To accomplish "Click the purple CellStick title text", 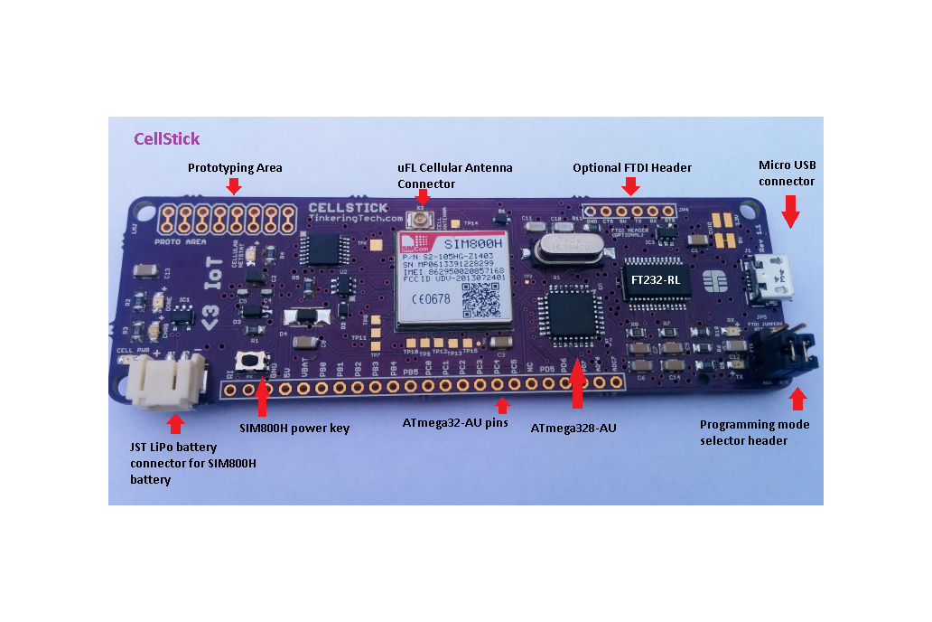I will point(166,139).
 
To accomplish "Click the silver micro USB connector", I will point(775,277).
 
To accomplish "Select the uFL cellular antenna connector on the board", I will point(420,218).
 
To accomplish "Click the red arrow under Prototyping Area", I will point(234,185).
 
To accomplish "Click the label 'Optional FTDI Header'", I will point(632,167).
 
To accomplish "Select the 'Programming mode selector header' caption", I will point(755,432).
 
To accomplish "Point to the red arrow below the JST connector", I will point(176,423).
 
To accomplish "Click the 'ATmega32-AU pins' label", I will point(454,422).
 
